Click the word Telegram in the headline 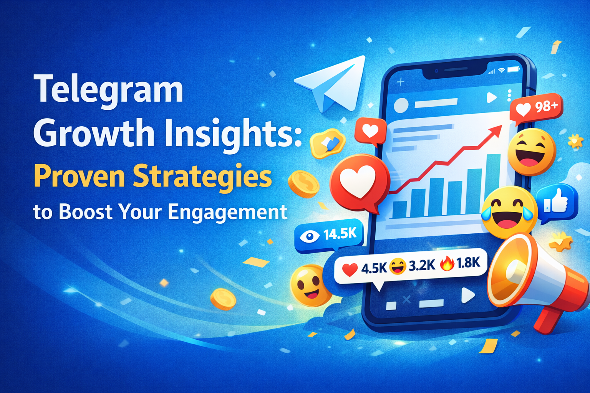pyautogui.click(x=109, y=89)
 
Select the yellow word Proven pyautogui.click(x=79, y=177)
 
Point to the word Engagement pyautogui.click(x=227, y=212)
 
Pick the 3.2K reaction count pyautogui.click(x=422, y=265)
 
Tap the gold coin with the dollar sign pyautogui.click(x=303, y=184)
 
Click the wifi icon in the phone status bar pyautogui.click(x=501, y=71)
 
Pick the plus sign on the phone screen pyautogui.click(x=400, y=82)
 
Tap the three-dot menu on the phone pyautogui.click(x=509, y=96)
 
